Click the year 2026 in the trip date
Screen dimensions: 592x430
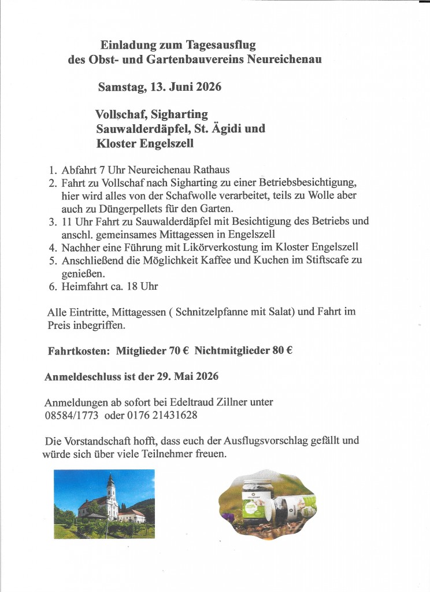coord(209,87)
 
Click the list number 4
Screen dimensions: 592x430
coord(51,247)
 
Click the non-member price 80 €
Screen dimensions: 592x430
coord(279,350)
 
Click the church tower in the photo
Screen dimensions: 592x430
coord(110,489)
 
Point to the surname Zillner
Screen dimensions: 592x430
coord(253,402)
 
